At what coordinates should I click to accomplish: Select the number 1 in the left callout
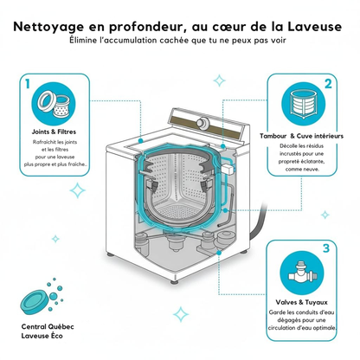click(29, 85)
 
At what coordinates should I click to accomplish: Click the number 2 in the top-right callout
click(328, 85)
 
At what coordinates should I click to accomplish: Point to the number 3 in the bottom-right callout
click(325, 249)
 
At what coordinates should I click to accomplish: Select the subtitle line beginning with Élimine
click(180, 40)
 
